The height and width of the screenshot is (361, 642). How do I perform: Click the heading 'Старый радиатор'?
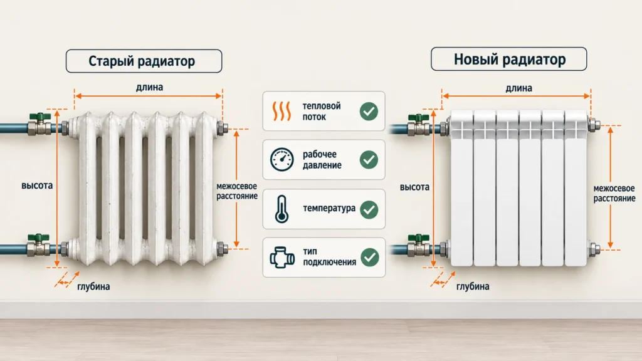pos(142,61)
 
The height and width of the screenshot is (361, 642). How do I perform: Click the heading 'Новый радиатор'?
pos(509,60)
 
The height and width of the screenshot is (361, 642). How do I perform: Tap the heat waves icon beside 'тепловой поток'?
pos(282,112)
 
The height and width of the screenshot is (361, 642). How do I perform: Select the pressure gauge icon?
pos(282,160)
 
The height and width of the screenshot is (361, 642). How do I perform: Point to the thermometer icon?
pos(282,209)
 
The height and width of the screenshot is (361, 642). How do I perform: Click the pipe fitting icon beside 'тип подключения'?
pos(282,258)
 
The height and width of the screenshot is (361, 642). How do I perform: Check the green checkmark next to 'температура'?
pos(369,209)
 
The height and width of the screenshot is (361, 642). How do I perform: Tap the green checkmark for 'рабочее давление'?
pos(369,160)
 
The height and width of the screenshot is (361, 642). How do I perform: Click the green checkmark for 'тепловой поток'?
pos(369,112)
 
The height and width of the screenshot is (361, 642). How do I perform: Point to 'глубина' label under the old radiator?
pos(93,286)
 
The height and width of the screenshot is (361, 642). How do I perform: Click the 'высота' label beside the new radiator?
pos(414,187)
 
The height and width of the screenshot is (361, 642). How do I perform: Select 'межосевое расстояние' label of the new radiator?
pos(614,194)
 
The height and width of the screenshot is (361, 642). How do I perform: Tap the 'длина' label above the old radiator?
pos(149,87)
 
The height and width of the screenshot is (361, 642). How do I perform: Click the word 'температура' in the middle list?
pos(329,209)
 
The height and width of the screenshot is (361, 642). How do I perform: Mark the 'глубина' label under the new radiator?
pos(473,286)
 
